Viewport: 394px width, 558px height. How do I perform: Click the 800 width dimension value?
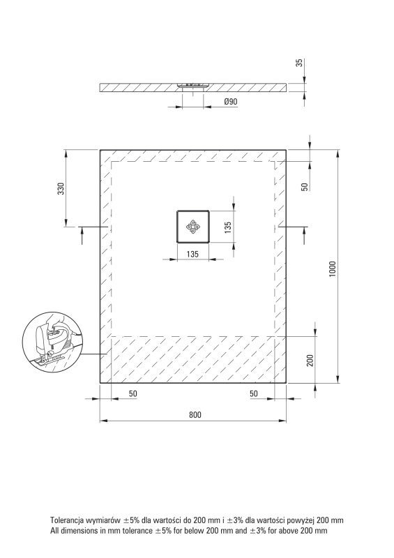pyautogui.click(x=195, y=414)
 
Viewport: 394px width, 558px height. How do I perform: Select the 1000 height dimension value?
pyautogui.click(x=332, y=269)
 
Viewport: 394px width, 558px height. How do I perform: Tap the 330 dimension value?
pyautogui.click(x=61, y=188)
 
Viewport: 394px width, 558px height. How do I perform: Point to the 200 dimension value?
pyautogui.click(x=310, y=361)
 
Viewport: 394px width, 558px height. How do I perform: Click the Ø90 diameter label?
pyautogui.click(x=231, y=102)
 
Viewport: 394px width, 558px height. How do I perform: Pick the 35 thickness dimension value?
pyautogui.click(x=300, y=63)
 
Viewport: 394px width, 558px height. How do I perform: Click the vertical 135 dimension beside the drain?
pyautogui.click(x=228, y=227)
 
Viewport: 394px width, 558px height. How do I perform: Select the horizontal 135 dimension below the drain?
pyautogui.click(x=192, y=254)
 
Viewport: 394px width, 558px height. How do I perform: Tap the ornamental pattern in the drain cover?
pyautogui.click(x=192, y=227)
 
